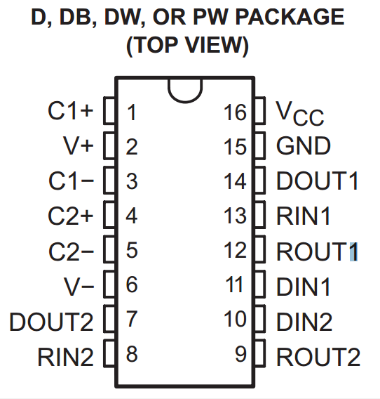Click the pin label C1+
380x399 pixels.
click(x=71, y=111)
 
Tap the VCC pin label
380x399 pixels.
click(x=300, y=113)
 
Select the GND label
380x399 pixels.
click(x=304, y=145)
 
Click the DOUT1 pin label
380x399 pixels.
click(x=317, y=181)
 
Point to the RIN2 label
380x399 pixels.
click(x=65, y=357)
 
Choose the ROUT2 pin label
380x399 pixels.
click(x=318, y=357)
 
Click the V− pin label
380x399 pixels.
click(x=79, y=287)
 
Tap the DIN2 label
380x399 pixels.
click(x=304, y=322)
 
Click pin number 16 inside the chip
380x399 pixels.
click(x=235, y=112)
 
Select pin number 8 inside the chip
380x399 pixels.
click(x=132, y=354)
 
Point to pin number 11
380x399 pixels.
click(x=234, y=284)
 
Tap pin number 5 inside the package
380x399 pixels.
click(x=132, y=250)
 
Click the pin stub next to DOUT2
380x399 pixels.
click(x=109, y=319)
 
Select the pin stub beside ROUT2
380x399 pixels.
click(x=259, y=353)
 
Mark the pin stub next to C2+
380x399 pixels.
click(x=109, y=214)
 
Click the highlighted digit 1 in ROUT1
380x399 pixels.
click(x=353, y=251)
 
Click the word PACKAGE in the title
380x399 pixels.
click(x=290, y=17)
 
